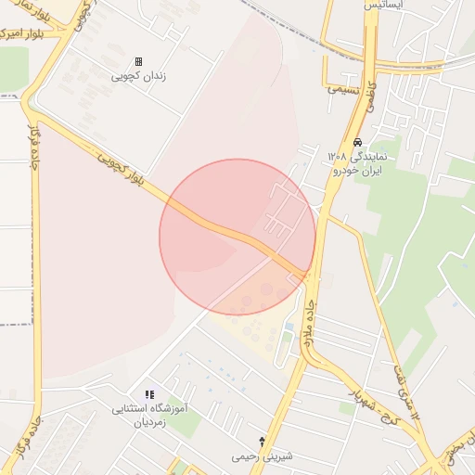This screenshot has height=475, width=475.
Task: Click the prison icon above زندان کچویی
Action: (x=139, y=60)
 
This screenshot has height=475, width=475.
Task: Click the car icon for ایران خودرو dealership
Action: (x=357, y=143)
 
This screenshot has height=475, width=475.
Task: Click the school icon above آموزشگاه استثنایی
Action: (x=149, y=394)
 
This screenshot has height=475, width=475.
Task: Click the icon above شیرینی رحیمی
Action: (x=263, y=441)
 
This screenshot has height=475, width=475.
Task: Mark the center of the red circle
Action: (x=237, y=237)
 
